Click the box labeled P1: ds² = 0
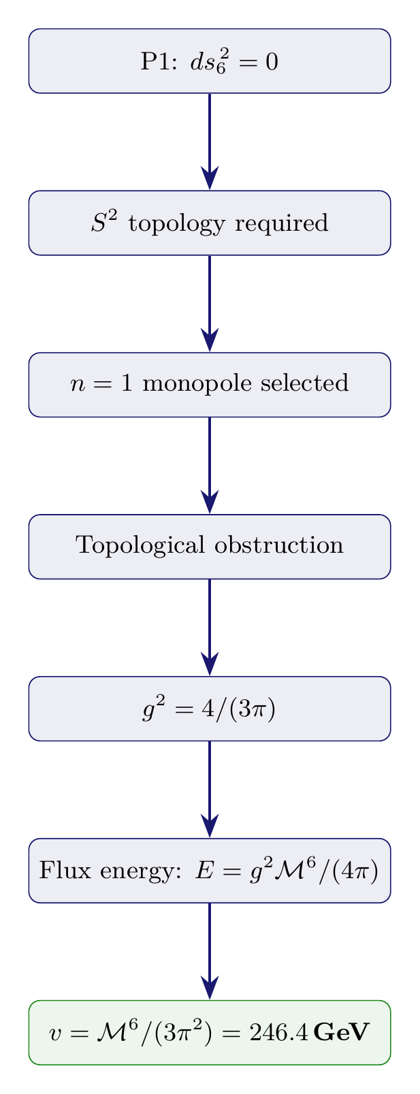click(210, 61)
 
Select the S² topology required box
click(210, 223)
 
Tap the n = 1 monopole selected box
click(210, 385)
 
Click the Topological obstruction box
click(210, 547)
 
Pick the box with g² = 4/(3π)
click(210, 709)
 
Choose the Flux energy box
click(210, 871)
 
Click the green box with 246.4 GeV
click(210, 1032)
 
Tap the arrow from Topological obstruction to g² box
click(210, 627)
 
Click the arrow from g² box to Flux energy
click(210, 789)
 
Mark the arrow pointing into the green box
click(210, 951)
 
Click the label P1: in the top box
click(157, 61)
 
